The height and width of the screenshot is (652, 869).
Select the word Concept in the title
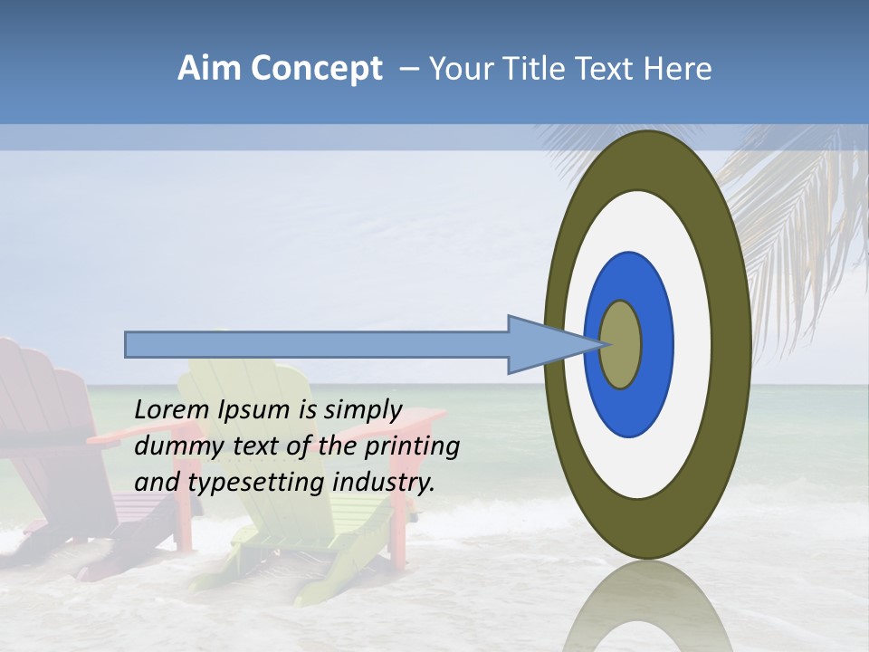(x=316, y=69)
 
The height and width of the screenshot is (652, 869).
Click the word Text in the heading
(x=608, y=69)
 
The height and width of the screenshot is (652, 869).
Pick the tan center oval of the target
(x=621, y=345)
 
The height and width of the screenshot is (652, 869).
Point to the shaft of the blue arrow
(x=317, y=345)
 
